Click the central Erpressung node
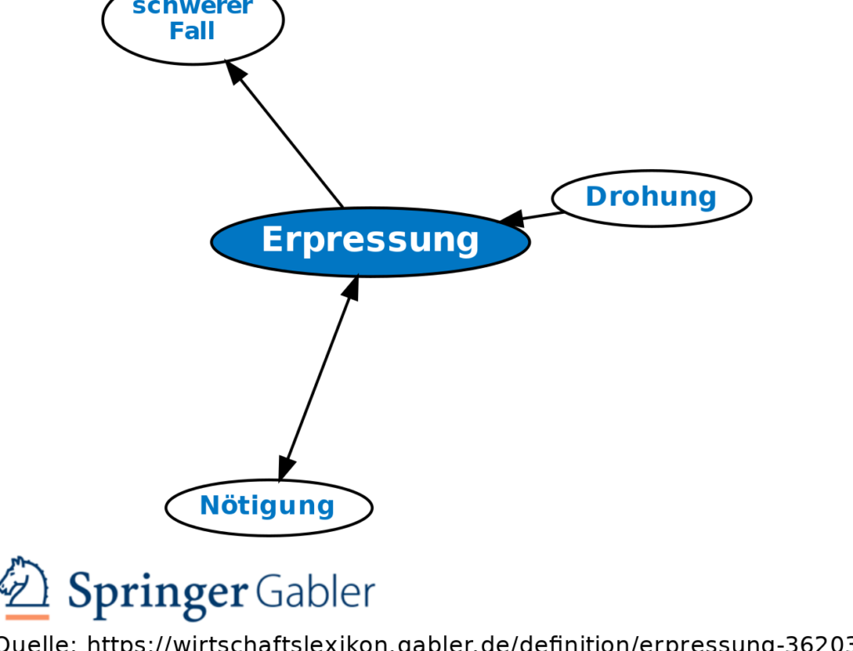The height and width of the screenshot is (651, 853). [x=370, y=241]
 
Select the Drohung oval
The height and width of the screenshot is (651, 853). [x=651, y=198]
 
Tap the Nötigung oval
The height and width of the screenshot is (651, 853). [x=268, y=506]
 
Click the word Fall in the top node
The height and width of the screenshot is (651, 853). [x=192, y=32]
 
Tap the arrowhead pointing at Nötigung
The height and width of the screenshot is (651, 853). [x=285, y=469]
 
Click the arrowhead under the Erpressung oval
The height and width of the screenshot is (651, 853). [x=352, y=287]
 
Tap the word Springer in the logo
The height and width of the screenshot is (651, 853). [x=158, y=593]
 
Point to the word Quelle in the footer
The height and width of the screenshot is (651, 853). [x=33, y=642]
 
